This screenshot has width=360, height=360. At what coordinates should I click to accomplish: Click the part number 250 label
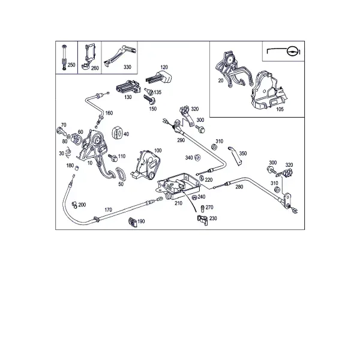71,65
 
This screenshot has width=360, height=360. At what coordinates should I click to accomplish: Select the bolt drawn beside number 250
64,58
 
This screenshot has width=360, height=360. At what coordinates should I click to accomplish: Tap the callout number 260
95,68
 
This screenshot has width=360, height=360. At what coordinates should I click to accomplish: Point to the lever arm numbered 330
120,55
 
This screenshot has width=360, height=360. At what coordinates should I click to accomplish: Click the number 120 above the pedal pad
164,67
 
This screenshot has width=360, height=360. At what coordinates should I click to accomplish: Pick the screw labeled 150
149,99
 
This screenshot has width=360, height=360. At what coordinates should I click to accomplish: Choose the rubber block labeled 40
118,133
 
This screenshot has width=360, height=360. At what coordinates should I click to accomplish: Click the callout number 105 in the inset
280,109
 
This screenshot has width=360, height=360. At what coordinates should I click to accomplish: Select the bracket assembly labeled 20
233,70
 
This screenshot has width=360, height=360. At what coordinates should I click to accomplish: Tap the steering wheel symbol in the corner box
293,52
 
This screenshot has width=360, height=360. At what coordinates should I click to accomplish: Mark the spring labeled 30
68,152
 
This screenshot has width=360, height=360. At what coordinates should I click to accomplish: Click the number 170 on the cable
108,210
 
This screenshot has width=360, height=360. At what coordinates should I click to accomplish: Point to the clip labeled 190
133,222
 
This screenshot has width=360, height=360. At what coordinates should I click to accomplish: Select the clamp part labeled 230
203,220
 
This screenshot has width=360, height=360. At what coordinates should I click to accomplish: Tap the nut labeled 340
197,157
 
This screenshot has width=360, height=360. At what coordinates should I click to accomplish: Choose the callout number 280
239,187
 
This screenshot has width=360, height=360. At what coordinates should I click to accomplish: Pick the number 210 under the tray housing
178,203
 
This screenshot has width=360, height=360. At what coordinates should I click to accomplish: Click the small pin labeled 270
203,209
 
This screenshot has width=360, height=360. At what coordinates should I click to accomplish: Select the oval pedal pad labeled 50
121,174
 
